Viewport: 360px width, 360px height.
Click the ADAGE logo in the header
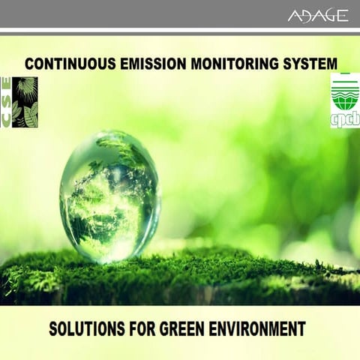[x=318, y=16]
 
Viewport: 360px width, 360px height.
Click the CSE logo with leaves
[x=19, y=102]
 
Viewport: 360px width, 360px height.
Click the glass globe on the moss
[x=109, y=196]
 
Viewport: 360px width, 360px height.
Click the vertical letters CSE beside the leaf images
[x=7, y=102]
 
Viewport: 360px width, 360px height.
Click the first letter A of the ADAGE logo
[x=294, y=16]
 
